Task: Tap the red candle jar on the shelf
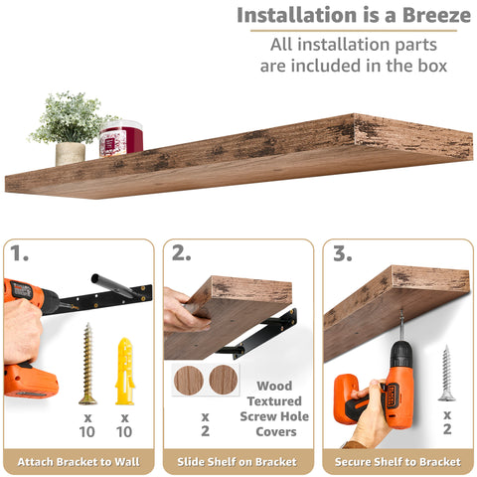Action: pos(120,139)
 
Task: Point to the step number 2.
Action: pos(181,254)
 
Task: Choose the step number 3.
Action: pos(342,254)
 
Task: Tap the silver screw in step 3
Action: pos(446,373)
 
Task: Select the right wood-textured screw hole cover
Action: pos(223,380)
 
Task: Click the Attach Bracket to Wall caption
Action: pos(78,461)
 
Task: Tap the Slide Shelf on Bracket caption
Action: pos(238,461)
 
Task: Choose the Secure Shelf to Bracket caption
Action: pos(397,461)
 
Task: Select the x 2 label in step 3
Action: pos(446,422)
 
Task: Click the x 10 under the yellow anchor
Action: pos(124,425)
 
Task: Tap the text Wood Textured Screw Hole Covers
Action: pos(274,408)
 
